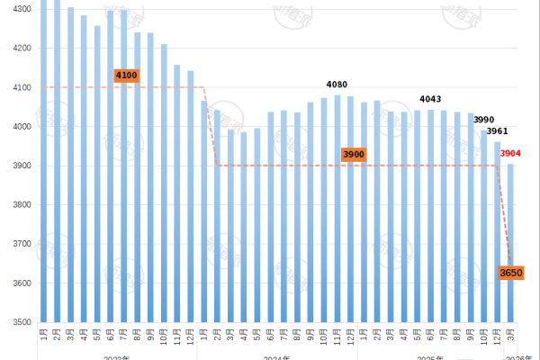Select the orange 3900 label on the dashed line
[354, 155]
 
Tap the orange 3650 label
[510, 272]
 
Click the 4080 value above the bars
[337, 85]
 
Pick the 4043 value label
[430, 99]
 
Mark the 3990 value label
[484, 120]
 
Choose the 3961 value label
[498, 131]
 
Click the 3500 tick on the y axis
[20, 322]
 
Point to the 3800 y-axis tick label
[20, 205]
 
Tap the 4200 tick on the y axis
[20, 49]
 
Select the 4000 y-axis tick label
[20, 127]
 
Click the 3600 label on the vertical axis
[20, 283]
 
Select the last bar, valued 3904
[510, 243]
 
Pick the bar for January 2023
[44, 162]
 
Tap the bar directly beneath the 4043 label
[430, 216]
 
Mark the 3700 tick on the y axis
[20, 244]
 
